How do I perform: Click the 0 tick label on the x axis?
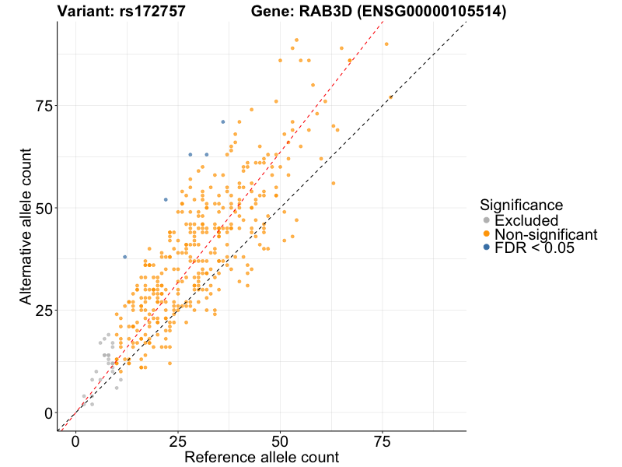pos(75,442)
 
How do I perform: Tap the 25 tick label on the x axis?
pos(178,442)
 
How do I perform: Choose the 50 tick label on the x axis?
pos(280,442)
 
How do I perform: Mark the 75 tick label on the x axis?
pos(383,442)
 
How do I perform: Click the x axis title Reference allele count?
pos(261,457)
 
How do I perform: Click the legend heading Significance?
pos(521,205)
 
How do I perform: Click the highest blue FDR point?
pos(223,121)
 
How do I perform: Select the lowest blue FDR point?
pos(124,257)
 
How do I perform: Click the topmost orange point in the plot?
pos(297,40)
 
